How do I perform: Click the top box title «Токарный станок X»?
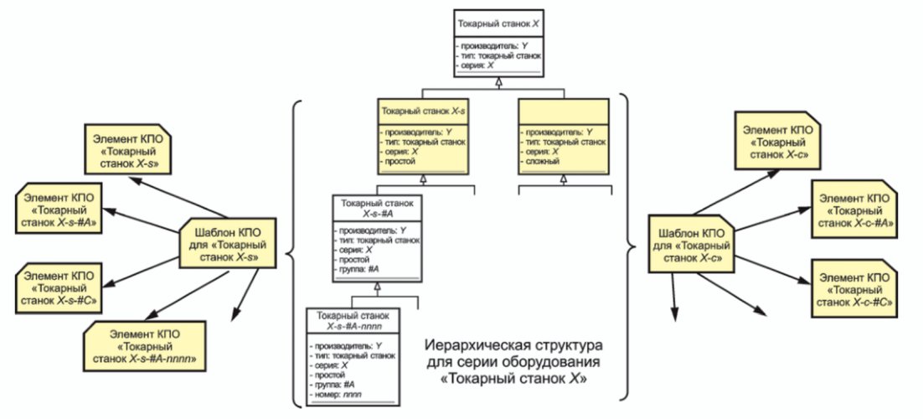pos(498,25)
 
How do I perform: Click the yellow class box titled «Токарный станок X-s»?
pos(423,136)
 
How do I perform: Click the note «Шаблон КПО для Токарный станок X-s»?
pos(227,243)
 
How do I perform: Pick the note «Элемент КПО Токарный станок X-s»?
pos(128,149)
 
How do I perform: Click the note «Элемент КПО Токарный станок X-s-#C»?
pos(58,287)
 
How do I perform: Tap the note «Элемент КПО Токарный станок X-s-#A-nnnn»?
pos(144,346)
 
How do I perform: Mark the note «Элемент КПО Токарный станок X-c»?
pos(778,140)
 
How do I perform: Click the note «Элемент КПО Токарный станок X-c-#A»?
pos(854,209)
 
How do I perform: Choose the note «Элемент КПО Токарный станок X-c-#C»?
pos(854,287)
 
